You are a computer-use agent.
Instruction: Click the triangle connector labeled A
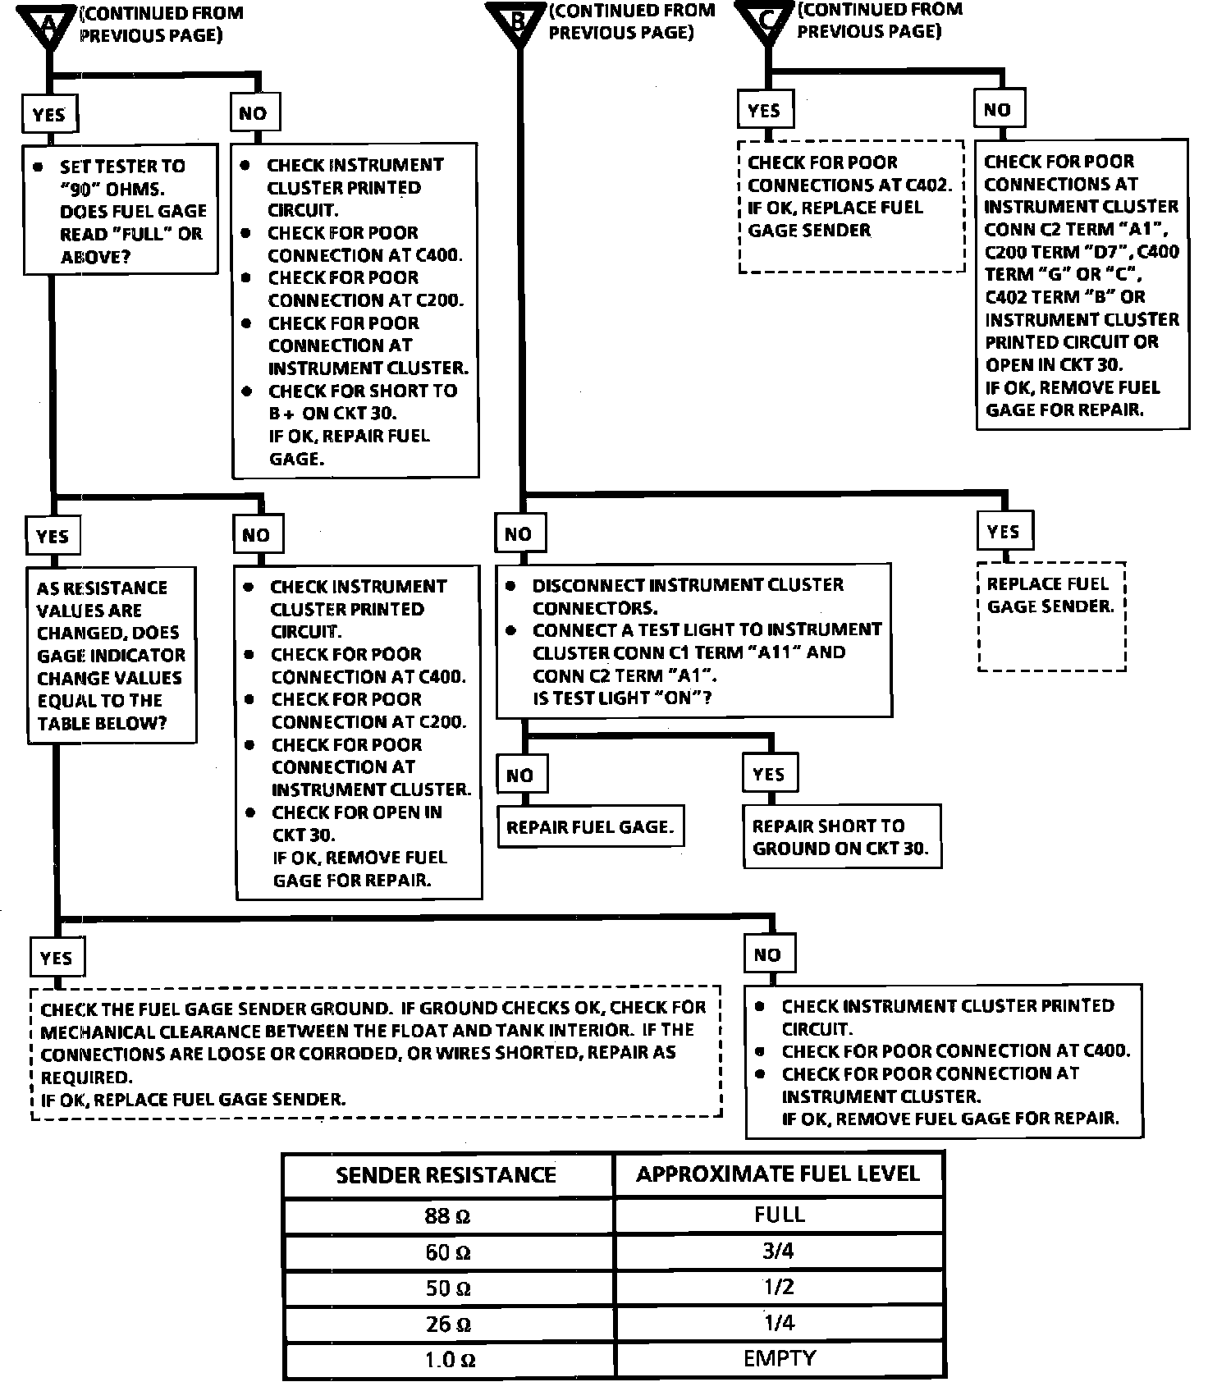pyautogui.click(x=48, y=23)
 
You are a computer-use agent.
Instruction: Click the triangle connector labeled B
pyautogui.click(x=518, y=20)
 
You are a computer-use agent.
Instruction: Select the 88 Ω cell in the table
pyautogui.click(x=448, y=1215)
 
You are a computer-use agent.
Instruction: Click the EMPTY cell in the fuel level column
pyautogui.click(x=779, y=1358)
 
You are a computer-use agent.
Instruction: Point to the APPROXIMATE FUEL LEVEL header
pyautogui.click(x=778, y=1174)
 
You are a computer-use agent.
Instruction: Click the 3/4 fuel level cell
pyautogui.click(x=779, y=1252)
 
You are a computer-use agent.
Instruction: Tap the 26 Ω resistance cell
pyautogui.click(x=448, y=1324)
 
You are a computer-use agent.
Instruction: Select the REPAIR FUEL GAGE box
pyautogui.click(x=590, y=827)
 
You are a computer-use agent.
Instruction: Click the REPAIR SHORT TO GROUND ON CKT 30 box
pyautogui.click(x=840, y=836)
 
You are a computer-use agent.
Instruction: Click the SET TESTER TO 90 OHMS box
pyautogui.click(x=121, y=211)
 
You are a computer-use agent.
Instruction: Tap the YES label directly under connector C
pyautogui.click(x=764, y=110)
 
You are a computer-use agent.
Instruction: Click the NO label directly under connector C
pyautogui.click(x=997, y=110)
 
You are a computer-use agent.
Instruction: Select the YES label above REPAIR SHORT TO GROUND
pyautogui.click(x=768, y=774)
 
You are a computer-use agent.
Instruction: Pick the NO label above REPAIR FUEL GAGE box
pyautogui.click(x=520, y=775)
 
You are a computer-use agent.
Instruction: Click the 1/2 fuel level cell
pyautogui.click(x=779, y=1287)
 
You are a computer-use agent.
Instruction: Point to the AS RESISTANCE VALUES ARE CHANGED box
pyautogui.click(x=112, y=655)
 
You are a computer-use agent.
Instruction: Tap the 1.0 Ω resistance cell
pyautogui.click(x=448, y=1360)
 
